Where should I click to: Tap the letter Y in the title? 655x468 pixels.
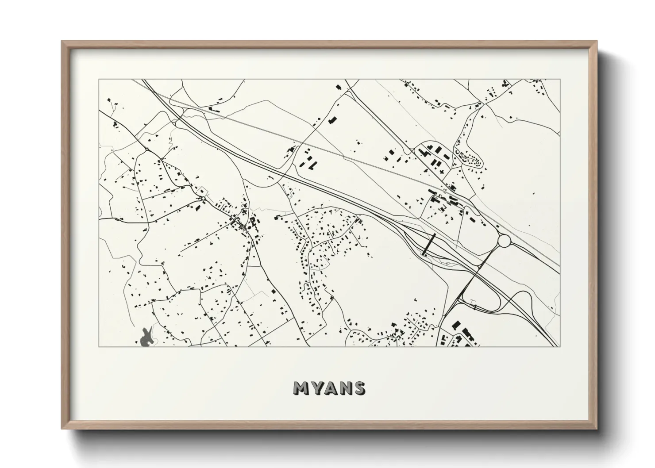point(316,387)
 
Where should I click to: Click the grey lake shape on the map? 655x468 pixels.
point(146,338)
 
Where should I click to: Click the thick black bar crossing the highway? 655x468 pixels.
point(429,244)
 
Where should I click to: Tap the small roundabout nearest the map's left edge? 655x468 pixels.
point(146,150)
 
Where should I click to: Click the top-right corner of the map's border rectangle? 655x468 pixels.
point(560,80)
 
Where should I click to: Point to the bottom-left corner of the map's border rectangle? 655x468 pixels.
point(99,346)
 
